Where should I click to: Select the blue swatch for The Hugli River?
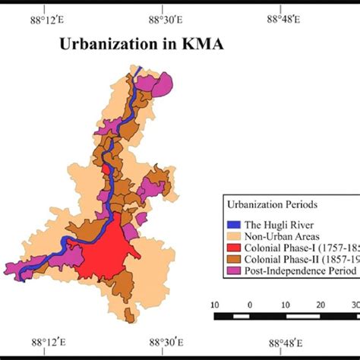coord(233,223)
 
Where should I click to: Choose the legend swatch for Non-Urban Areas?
coord(233,235)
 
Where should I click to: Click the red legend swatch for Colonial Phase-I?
coord(233,248)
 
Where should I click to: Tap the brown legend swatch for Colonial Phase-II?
coord(233,260)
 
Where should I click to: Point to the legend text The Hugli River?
coord(276,223)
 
